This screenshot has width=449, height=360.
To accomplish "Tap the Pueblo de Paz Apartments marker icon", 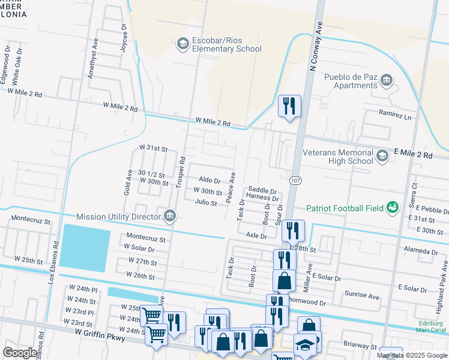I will point(387,80).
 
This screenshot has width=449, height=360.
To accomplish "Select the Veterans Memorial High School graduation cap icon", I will point(382,156).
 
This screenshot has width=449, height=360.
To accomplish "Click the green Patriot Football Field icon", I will point(393,207).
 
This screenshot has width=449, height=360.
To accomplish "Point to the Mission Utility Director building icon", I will point(170,215).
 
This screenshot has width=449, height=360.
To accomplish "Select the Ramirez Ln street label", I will point(394,113).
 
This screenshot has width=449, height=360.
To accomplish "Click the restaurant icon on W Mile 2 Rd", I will point(289,106).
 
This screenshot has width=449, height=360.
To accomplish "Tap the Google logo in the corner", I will point(20,352).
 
